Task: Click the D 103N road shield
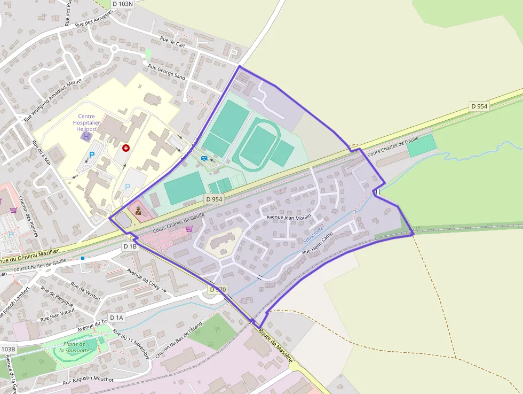(x=123, y=4)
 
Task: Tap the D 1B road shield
(x=130, y=246)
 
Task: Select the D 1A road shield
(x=116, y=318)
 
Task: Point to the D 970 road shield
(x=217, y=290)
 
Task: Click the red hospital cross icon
(x=126, y=148)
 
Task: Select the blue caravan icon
(x=204, y=158)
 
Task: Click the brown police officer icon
(x=138, y=211)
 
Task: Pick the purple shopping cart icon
(x=189, y=229)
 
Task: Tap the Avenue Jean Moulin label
(x=288, y=218)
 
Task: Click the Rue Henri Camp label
(x=318, y=243)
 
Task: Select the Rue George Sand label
(x=167, y=72)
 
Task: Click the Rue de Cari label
(x=172, y=41)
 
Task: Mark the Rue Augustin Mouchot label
(x=89, y=380)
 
